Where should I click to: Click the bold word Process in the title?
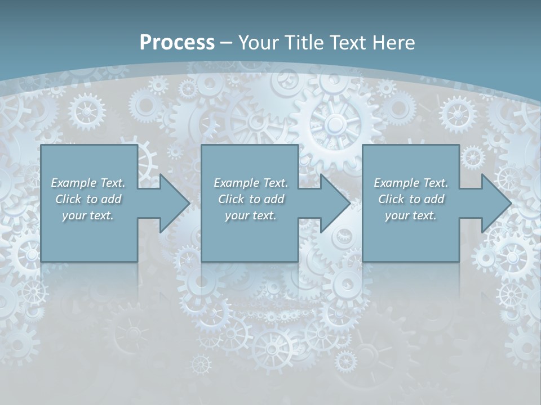[x=177, y=43]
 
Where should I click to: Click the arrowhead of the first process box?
[x=174, y=203]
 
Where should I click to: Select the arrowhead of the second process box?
[x=335, y=203]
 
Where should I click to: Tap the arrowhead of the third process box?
[x=495, y=203]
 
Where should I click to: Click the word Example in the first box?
[x=74, y=183]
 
